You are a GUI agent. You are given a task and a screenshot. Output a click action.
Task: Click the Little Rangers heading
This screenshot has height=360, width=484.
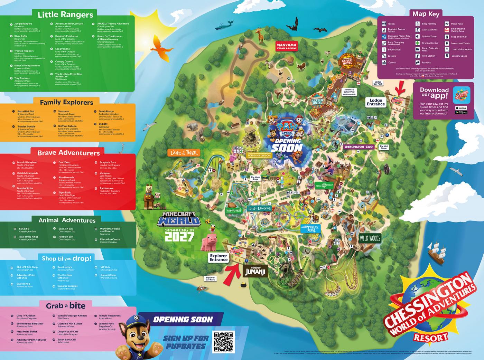click(65, 15)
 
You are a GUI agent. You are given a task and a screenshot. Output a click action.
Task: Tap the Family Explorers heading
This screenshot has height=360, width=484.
click(66, 102)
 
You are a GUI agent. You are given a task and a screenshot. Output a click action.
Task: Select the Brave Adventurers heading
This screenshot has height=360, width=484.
click(68, 153)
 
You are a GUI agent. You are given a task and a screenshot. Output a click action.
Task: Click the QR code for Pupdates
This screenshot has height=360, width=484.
click(224, 341)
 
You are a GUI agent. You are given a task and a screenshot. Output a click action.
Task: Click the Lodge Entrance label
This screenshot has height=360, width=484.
click(376, 102)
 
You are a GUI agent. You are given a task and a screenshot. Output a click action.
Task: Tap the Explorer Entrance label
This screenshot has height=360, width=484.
click(218, 258)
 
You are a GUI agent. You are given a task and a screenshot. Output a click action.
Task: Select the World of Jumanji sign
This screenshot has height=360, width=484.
click(255, 272)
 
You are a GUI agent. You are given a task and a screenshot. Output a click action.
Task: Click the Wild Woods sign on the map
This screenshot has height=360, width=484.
click(370, 238)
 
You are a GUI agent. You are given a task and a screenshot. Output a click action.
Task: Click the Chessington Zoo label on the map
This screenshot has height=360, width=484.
click(359, 147)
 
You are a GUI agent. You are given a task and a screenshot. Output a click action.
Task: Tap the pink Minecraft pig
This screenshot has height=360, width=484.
click(212, 241)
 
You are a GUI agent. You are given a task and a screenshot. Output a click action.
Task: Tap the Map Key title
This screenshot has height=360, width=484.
click(426, 14)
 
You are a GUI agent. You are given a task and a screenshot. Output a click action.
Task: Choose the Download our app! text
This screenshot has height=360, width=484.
click(434, 93)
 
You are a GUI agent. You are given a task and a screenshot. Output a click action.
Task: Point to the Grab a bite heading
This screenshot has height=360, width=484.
click(66, 306)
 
